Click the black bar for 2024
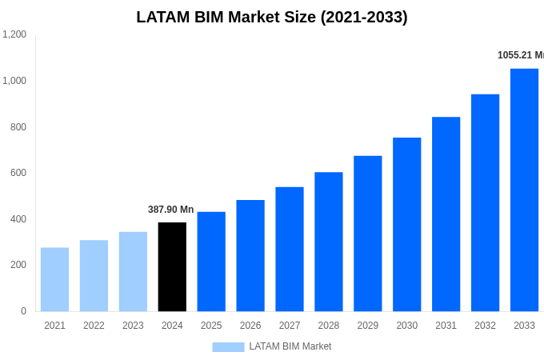[x=172, y=266]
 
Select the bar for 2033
[x=524, y=190]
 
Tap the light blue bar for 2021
[x=54, y=279]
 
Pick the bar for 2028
[x=328, y=242]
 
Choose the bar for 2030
[x=406, y=224]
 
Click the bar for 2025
[x=211, y=262]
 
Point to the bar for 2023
[x=133, y=271]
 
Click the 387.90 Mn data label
[x=170, y=210]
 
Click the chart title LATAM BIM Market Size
[x=272, y=17]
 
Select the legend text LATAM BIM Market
[x=290, y=346]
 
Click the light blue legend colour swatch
[x=228, y=347]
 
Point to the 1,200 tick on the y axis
[x=14, y=34]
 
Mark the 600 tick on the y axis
[x=18, y=173]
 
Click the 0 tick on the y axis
[x=23, y=311]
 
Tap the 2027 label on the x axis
[x=290, y=326]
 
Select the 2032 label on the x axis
[x=485, y=326]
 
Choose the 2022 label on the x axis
[x=94, y=326]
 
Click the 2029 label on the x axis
[x=367, y=326]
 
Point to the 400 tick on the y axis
[x=18, y=219]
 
